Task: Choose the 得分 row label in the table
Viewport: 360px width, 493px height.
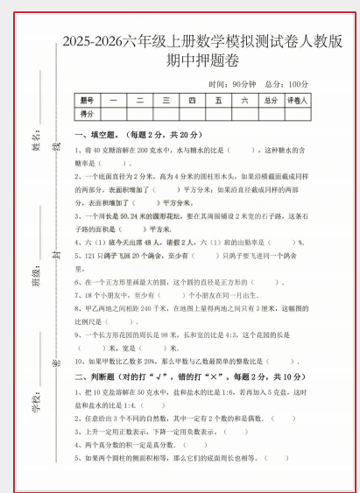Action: coord(86,114)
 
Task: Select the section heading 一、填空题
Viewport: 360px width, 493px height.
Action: coord(98,135)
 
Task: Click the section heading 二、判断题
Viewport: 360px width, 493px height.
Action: coord(98,376)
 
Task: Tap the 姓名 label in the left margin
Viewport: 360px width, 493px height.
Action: coord(37,137)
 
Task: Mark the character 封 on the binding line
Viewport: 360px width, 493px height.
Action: coord(58,255)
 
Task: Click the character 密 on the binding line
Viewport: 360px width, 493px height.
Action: coord(58,363)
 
